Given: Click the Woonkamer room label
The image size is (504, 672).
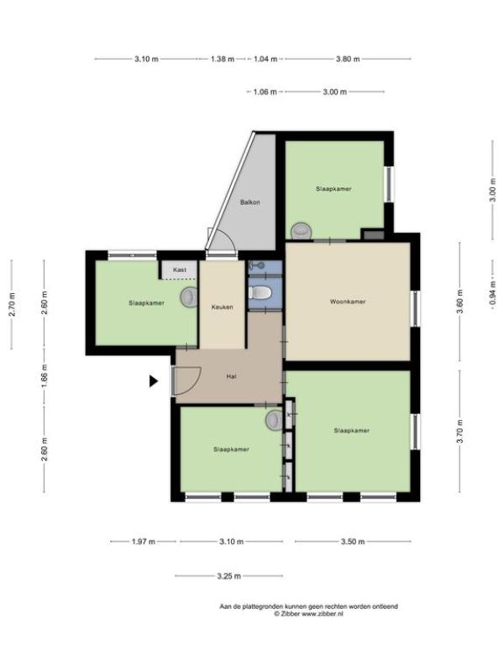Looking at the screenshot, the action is (348, 302).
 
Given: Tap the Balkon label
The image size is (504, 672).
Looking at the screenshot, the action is (249, 202).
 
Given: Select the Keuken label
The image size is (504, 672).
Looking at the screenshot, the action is (222, 307).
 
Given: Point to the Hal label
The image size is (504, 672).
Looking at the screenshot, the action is (232, 376).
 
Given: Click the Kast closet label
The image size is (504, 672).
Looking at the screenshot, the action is (180, 270).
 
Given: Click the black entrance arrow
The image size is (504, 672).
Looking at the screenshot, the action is (154, 381).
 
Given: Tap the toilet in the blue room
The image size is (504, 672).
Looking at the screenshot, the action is (260, 292).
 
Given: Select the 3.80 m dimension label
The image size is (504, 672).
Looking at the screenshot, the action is (348, 59).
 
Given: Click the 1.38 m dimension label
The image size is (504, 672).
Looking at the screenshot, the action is (223, 59).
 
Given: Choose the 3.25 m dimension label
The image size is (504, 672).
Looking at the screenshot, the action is (228, 576).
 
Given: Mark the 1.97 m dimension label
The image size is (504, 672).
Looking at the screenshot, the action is (143, 542).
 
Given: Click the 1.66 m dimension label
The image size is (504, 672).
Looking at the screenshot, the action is (45, 375).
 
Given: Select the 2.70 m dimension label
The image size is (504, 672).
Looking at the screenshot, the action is (12, 304).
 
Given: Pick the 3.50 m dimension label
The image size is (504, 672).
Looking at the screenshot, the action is (353, 542).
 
